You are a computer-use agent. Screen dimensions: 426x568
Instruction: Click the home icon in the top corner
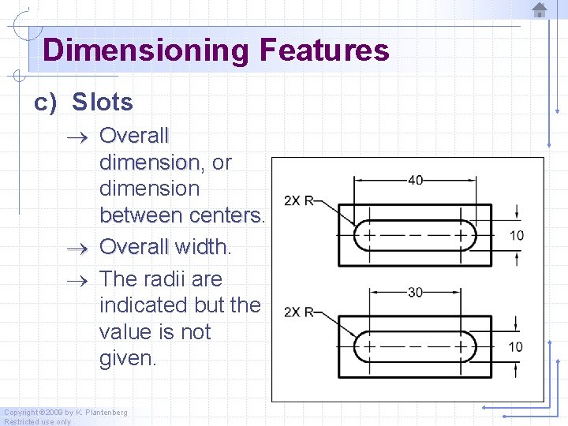point(540,10)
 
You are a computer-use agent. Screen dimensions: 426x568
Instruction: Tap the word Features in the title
point(323,50)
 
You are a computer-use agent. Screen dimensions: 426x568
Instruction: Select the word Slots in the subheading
point(103,103)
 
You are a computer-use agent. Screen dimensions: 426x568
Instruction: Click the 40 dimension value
point(415,180)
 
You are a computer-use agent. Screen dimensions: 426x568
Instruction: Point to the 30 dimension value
point(415,292)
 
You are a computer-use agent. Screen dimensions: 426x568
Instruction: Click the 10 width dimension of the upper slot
point(516,235)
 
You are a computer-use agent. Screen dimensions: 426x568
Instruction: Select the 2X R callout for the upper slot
point(298,200)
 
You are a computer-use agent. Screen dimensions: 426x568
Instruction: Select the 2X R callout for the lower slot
point(298,312)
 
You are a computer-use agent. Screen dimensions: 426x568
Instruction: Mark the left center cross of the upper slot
point(367,235)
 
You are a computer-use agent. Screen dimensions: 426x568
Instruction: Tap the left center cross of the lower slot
point(367,346)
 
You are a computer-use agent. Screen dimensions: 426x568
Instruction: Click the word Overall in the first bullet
point(134,136)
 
